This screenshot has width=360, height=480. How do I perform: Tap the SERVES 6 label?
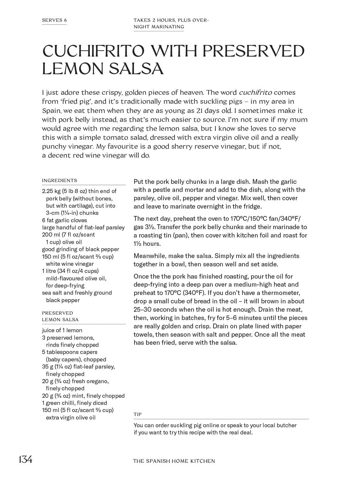(54, 20)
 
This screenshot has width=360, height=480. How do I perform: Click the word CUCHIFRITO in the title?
(93, 51)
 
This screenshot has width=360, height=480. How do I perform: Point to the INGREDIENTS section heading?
(59, 180)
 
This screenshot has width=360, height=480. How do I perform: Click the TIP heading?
(137, 414)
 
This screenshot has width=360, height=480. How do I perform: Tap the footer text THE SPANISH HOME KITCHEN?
(174, 461)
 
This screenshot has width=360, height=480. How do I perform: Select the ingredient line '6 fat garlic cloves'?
(64, 220)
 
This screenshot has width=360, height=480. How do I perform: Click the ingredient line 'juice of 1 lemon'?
(62, 330)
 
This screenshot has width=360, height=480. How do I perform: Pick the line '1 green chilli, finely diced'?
(74, 403)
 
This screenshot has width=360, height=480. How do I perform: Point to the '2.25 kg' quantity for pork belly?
(51, 191)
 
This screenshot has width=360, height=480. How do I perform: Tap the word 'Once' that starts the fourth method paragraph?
(140, 276)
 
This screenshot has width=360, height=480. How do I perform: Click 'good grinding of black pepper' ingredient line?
(80, 249)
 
